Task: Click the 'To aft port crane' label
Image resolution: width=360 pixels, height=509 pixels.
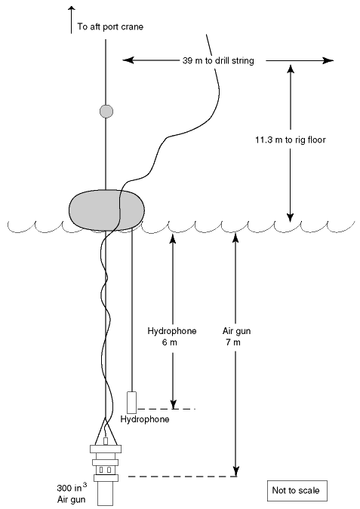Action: pos(110,26)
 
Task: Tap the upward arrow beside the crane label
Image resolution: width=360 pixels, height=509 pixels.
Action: pos(71,20)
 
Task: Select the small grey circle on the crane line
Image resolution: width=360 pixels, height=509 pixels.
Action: pos(106,112)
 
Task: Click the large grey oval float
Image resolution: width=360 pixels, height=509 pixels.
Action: pos(106,210)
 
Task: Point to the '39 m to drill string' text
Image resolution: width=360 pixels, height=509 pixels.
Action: pos(218,61)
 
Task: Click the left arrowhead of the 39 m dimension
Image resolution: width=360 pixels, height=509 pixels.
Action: pos(128,60)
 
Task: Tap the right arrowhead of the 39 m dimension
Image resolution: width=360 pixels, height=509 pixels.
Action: pos(328,60)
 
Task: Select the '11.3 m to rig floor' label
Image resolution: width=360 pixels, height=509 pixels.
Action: pos(290,140)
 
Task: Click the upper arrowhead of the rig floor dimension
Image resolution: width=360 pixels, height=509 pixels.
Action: pos(291,69)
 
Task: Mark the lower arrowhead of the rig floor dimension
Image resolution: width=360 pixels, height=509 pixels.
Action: pos(291,218)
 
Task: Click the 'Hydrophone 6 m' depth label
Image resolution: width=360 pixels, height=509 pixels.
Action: pos(172,336)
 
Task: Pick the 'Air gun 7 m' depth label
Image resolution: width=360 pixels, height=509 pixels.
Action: pos(236,336)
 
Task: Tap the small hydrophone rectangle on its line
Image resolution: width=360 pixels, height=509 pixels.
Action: pos(131,403)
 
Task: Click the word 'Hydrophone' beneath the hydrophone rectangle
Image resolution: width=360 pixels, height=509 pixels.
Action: pos(145,419)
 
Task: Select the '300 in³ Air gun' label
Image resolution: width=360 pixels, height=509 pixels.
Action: pos(72,492)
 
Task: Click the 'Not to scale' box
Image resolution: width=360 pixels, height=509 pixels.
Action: pos(296,490)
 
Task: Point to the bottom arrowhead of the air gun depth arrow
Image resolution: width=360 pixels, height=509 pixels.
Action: pos(236,471)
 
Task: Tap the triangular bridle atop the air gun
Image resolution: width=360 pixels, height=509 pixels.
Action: pos(106,431)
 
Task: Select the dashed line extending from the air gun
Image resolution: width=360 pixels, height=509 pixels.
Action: pos(183,477)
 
